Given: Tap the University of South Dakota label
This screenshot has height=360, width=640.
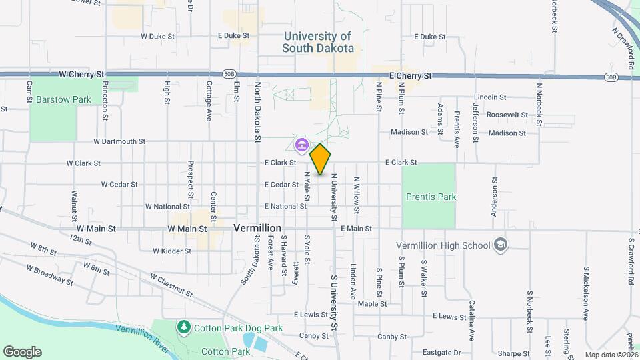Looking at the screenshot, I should (317, 42).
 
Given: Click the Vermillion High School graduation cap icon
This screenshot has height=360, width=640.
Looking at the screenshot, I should (500, 245).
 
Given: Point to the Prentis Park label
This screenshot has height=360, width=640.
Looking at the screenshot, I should (431, 197).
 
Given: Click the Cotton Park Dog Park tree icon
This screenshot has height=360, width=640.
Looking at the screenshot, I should (183, 327).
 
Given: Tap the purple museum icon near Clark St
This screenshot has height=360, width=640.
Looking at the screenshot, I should (301, 144).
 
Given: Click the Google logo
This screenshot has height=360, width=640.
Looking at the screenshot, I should (22, 352).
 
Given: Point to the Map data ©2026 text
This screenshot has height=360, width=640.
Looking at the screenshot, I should (611, 355).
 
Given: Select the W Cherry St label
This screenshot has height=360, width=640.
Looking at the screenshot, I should (82, 74).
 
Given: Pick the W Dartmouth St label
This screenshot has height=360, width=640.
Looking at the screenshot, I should (119, 141).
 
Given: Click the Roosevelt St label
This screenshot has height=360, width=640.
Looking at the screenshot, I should (507, 115).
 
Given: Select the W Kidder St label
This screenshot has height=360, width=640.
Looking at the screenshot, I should (172, 251).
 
